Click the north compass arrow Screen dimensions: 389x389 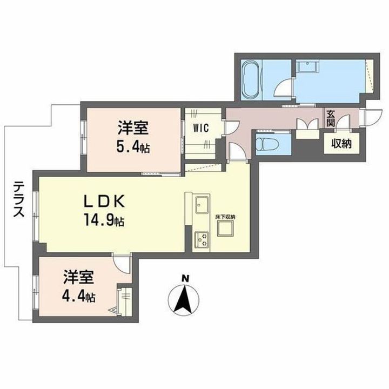(185, 300)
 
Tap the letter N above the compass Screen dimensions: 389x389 (185, 278)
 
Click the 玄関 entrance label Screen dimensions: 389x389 (331, 119)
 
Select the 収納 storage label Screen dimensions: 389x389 (339, 144)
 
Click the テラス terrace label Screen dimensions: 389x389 (17, 198)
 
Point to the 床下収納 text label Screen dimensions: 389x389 (225, 217)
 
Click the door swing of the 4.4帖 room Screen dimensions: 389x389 (124, 265)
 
